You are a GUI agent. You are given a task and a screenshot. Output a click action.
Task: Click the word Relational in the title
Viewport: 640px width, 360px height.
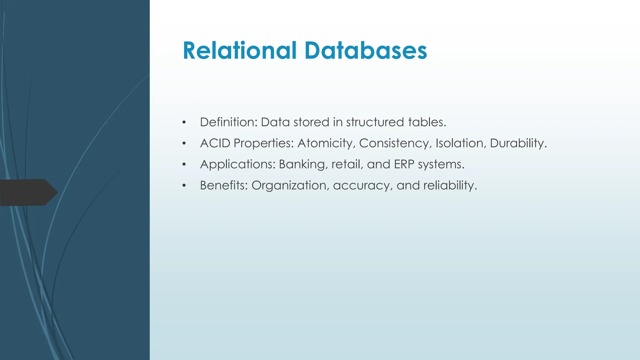(x=239, y=50)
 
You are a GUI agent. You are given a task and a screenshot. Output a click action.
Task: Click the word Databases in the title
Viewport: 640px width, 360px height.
(x=366, y=50)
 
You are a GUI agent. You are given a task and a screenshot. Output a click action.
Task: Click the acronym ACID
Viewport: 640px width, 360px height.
(x=215, y=143)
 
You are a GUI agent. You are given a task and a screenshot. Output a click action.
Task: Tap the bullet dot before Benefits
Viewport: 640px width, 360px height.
(x=184, y=186)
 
